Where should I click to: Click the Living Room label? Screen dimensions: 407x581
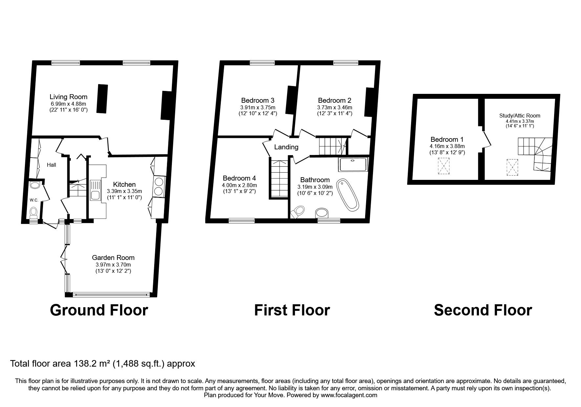68,97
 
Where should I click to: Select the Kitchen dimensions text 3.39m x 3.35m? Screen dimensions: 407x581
124,191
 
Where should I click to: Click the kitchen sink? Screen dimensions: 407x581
95,190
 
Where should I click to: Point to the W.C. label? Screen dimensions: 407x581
34,200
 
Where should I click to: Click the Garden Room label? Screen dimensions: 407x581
113,258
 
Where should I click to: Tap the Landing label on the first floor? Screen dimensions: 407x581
286,147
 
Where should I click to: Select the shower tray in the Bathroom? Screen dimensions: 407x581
353,164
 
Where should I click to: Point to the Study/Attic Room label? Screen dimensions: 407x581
520,116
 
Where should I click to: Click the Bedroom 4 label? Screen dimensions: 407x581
239,178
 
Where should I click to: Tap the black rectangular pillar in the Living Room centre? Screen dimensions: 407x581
102,99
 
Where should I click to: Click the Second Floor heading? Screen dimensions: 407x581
483,310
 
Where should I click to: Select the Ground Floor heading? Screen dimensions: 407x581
99,310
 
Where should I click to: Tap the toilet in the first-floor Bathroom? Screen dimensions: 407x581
299,212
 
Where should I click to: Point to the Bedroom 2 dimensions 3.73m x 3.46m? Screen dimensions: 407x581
334,107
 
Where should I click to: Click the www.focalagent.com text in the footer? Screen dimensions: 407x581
349,395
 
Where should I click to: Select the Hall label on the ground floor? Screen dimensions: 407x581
52,165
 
